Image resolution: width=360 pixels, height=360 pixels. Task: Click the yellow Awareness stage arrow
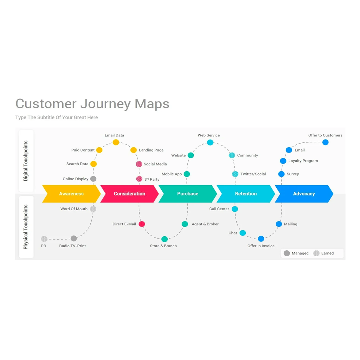(x=71, y=194)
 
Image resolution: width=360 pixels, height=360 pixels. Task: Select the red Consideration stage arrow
(x=129, y=194)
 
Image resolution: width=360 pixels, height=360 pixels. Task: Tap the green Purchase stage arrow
(x=188, y=194)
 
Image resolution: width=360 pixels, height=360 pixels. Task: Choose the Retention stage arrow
(x=246, y=194)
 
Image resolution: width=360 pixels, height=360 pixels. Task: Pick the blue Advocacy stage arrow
(x=304, y=194)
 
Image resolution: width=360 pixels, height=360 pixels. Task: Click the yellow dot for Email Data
(x=116, y=142)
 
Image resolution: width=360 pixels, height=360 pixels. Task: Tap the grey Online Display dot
(x=93, y=179)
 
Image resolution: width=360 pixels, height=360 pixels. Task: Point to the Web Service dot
(x=210, y=142)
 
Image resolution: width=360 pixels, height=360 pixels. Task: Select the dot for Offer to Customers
(x=326, y=142)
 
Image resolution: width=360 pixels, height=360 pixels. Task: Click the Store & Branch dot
(x=165, y=239)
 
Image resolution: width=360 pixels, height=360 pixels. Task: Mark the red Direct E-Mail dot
(x=142, y=224)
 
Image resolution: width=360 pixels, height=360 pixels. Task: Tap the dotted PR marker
(x=44, y=239)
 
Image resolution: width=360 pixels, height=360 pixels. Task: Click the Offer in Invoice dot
(x=261, y=239)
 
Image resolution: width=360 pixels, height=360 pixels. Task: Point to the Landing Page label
(x=151, y=150)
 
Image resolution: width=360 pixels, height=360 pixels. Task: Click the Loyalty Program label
(x=303, y=161)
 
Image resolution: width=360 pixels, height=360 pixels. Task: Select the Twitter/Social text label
(x=253, y=174)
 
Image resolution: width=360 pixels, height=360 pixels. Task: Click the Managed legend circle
(x=287, y=253)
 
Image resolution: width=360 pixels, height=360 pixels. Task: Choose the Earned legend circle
(x=316, y=253)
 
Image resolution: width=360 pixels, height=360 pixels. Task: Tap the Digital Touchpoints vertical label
(x=26, y=161)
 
